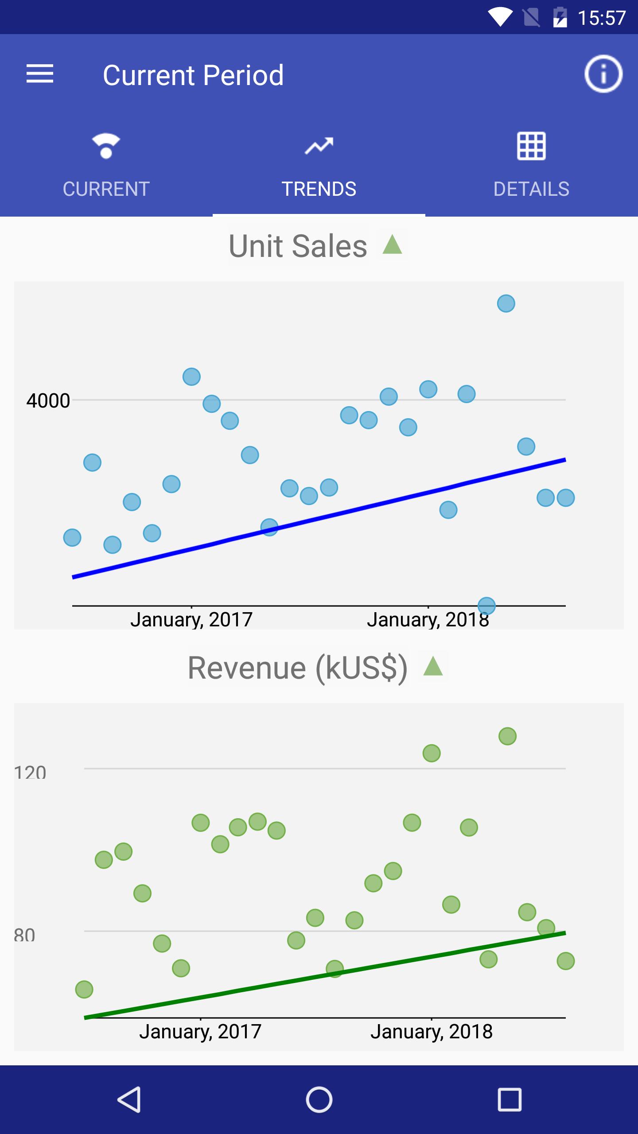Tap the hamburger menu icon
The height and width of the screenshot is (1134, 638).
40,74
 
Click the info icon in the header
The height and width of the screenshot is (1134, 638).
603,74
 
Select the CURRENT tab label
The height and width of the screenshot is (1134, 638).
106,189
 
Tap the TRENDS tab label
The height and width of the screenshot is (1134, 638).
319,189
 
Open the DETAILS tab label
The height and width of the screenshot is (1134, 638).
531,189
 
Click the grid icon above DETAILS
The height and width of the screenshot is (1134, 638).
531,146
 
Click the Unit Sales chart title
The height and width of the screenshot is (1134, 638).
298,246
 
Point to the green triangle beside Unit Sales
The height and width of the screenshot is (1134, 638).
392,245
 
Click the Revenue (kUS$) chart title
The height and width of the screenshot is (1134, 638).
297,668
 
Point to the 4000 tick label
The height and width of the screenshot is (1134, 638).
48,401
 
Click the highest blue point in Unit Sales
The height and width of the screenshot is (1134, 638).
506,303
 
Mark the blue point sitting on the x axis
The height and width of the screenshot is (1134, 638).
486,605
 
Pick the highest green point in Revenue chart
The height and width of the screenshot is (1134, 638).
507,736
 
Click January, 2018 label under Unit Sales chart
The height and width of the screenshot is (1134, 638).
428,620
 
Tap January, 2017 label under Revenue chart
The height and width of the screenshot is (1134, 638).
200,1032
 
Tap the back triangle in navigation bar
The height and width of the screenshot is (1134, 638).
129,1099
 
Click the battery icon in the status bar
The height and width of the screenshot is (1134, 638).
560,18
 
